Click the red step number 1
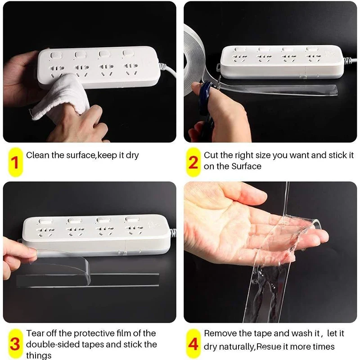15,162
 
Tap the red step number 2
193,162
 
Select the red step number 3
15,344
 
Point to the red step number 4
193,344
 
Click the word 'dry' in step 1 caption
132,155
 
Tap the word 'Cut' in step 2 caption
211,155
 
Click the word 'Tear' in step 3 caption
36,333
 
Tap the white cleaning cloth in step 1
61,96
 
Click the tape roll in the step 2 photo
194,60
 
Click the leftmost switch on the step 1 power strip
56,56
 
